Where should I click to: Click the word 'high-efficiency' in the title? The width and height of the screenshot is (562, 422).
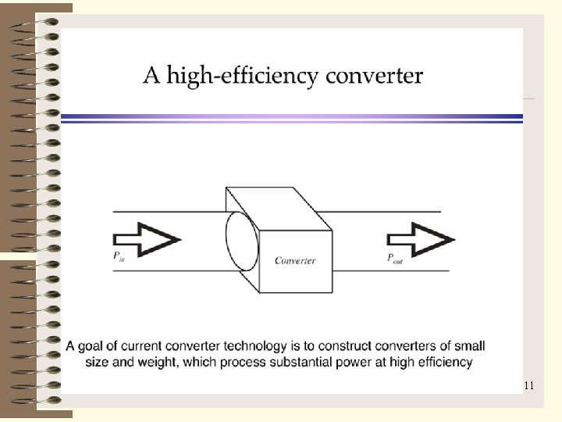(243, 77)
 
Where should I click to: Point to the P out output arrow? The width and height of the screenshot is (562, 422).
(421, 238)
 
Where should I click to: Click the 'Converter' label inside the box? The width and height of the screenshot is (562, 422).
(295, 260)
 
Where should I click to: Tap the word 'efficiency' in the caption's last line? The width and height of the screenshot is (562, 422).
(443, 362)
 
